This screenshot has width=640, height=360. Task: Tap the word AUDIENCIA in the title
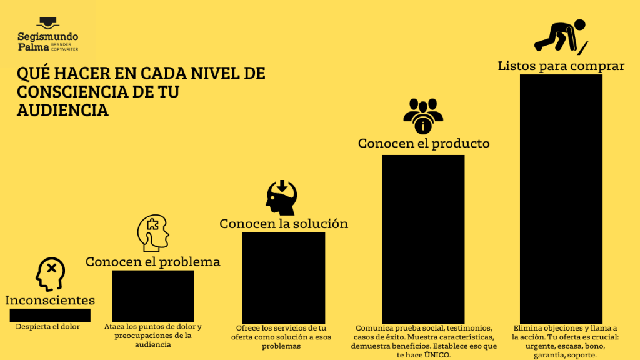point(62,110)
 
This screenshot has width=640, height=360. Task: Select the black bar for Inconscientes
point(50,314)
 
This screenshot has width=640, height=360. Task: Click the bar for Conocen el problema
point(152,295)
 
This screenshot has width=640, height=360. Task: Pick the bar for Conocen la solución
point(283,277)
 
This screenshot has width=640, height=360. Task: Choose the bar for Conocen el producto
point(423,238)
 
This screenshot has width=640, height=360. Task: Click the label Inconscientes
point(50,301)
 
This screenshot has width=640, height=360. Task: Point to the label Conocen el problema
point(152,262)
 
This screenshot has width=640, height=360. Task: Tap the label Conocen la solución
point(283,224)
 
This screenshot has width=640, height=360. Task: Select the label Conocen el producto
point(423,143)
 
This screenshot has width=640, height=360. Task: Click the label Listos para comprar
point(561,66)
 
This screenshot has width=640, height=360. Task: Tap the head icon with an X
point(50,274)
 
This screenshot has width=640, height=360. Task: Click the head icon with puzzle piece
point(153,234)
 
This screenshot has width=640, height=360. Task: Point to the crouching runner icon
point(561,36)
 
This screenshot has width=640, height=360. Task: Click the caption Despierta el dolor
point(47,326)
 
